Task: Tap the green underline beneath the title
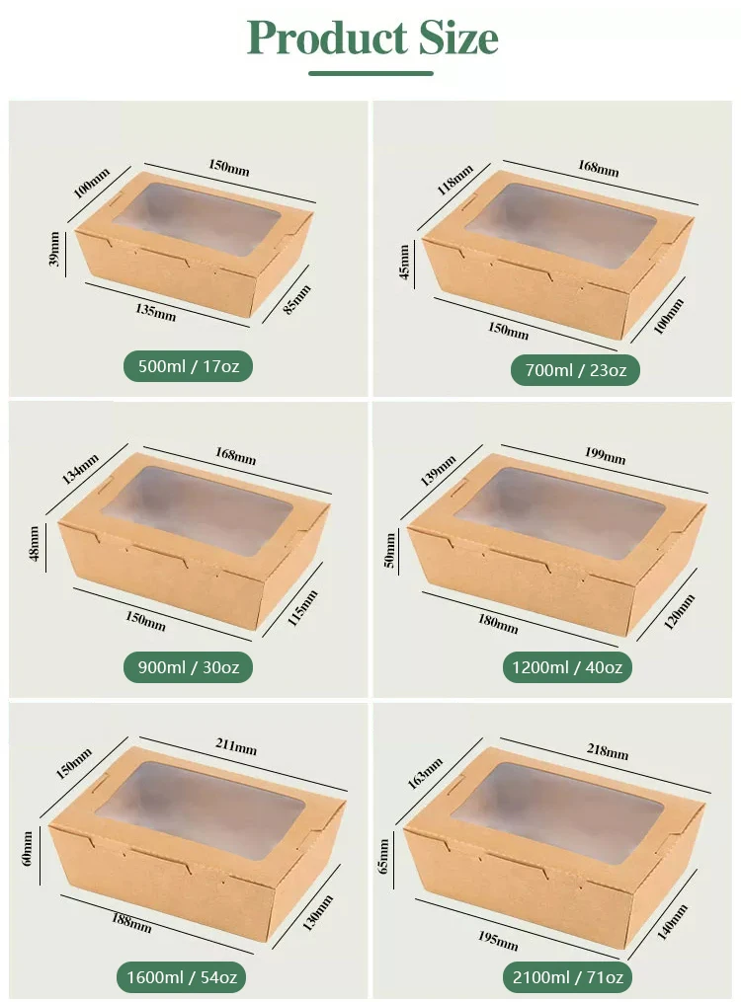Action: (370, 72)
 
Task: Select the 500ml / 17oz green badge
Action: (188, 366)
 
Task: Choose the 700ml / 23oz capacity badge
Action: (575, 370)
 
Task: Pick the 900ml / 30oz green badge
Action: (188, 667)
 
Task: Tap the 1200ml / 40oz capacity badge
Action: (567, 667)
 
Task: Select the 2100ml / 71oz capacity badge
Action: (567, 977)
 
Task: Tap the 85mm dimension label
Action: (297, 300)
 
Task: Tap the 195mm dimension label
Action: (498, 940)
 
